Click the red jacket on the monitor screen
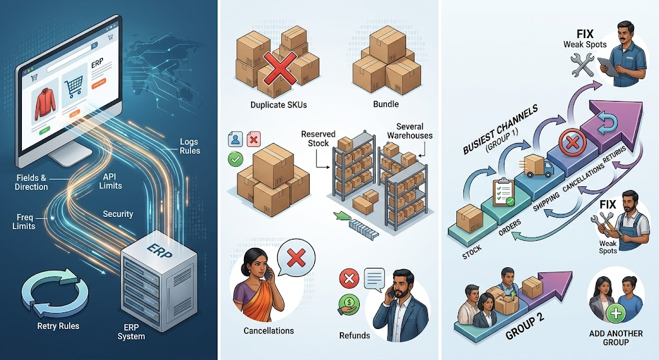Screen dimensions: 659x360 coord(46,104)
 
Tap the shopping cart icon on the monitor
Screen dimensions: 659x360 coord(73,87)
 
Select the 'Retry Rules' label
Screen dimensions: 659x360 coord(58,326)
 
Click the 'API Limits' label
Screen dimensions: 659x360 coord(111,181)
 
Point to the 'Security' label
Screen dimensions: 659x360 coord(118,214)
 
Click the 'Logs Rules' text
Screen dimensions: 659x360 coord(190,146)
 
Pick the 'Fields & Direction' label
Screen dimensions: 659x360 coord(31,182)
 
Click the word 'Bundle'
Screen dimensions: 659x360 coord(386,104)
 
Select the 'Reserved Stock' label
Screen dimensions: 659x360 coord(318,139)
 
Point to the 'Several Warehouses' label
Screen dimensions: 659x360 coord(410,131)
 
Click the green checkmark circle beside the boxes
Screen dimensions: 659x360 coord(236,159)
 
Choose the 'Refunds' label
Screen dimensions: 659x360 coord(355,336)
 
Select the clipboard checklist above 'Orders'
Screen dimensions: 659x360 coord(503,193)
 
